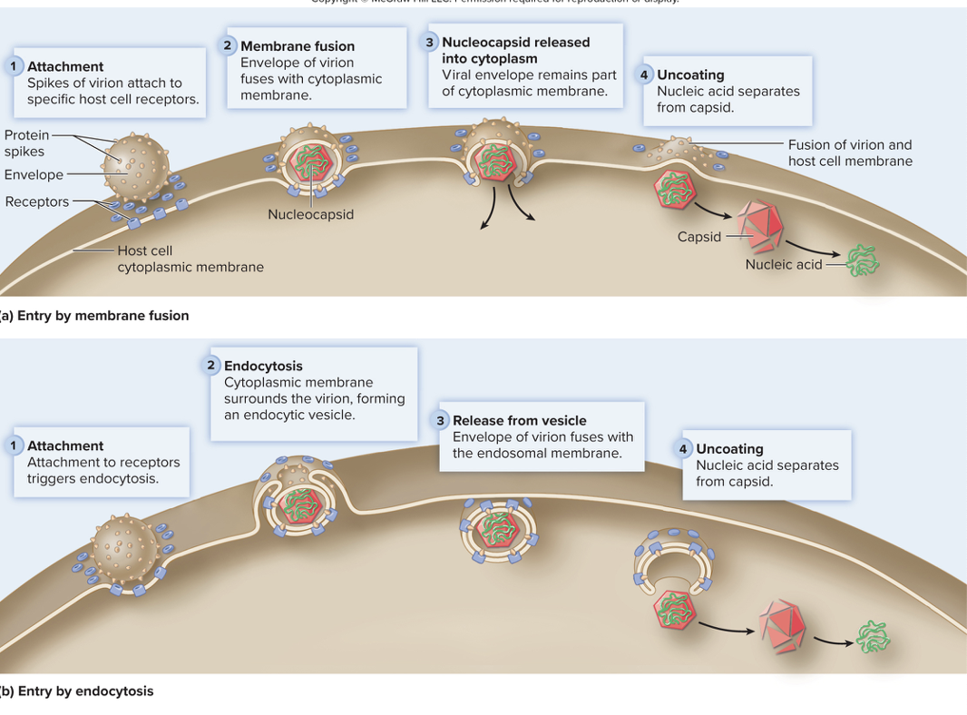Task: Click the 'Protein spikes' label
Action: [26, 143]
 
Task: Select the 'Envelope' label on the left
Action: [34, 174]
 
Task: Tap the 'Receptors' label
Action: [36, 201]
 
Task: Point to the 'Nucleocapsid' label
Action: [310, 215]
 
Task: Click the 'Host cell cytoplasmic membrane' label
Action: [190, 259]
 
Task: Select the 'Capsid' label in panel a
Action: [698, 237]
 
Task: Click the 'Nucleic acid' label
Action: [783, 264]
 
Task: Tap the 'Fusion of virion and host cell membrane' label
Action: [849, 152]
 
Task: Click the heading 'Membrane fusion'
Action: [298, 46]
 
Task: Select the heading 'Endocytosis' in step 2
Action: [263, 366]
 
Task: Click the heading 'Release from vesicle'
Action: [519, 420]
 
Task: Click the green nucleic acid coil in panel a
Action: [861, 262]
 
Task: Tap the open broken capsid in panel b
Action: [782, 625]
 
